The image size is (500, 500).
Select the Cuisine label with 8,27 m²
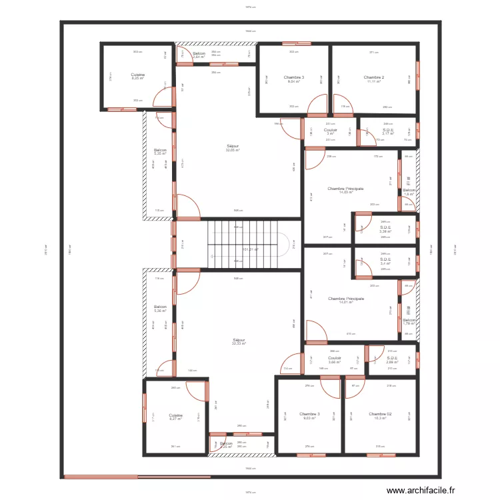pyautogui.click(x=175, y=417)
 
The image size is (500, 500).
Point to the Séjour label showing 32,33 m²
pyautogui.click(x=239, y=341)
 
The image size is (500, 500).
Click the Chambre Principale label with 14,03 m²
pyautogui.click(x=345, y=190)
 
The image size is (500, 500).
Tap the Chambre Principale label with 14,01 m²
pyautogui.click(x=345, y=301)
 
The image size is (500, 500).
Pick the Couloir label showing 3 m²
pyautogui.click(x=330, y=131)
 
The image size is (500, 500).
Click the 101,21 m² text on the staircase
pyautogui.click(x=250, y=249)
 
